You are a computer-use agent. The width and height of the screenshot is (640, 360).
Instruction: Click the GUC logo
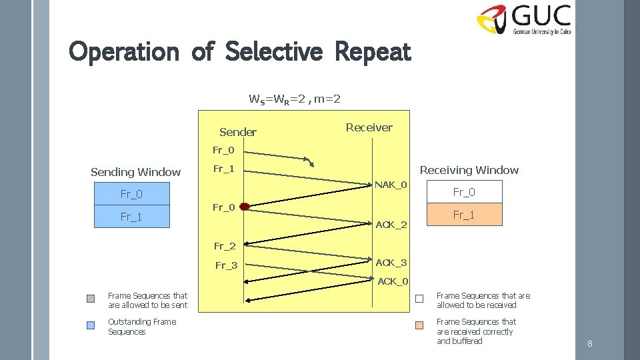pyautogui.click(x=523, y=19)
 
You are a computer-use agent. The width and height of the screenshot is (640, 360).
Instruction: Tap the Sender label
pyautogui.click(x=237, y=132)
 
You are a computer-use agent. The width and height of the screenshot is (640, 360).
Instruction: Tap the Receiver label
pyautogui.click(x=369, y=127)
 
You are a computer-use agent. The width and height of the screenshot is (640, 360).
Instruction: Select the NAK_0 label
pyautogui.click(x=391, y=184)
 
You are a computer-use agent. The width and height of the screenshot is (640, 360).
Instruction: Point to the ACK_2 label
pyautogui.click(x=391, y=225)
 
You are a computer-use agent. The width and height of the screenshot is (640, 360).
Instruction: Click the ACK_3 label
pyautogui.click(x=391, y=263)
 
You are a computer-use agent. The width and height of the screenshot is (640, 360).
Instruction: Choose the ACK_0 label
pyautogui.click(x=393, y=281)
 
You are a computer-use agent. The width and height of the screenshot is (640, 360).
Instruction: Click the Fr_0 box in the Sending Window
pyautogui.click(x=131, y=194)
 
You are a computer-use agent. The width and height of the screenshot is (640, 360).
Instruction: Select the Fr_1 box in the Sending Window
pyautogui.click(x=131, y=217)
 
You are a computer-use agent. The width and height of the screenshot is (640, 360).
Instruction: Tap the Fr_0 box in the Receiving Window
pyautogui.click(x=464, y=192)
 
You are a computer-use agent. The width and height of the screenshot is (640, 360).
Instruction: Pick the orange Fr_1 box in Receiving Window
pyautogui.click(x=464, y=215)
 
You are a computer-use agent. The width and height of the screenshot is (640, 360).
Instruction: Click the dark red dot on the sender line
pyautogui.click(x=245, y=207)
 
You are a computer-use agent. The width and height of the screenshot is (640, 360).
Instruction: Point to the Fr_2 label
pyautogui.click(x=225, y=246)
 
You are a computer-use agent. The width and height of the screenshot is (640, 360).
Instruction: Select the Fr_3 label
pyautogui.click(x=226, y=265)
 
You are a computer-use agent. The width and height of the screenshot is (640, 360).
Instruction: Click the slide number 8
pyautogui.click(x=589, y=344)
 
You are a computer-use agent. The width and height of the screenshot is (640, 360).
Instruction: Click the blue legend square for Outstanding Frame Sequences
pyautogui.click(x=91, y=325)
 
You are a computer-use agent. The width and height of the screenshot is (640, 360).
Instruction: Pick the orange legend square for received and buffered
pyautogui.click(x=419, y=326)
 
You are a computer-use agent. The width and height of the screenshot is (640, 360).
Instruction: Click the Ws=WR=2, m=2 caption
pyautogui.click(x=295, y=99)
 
